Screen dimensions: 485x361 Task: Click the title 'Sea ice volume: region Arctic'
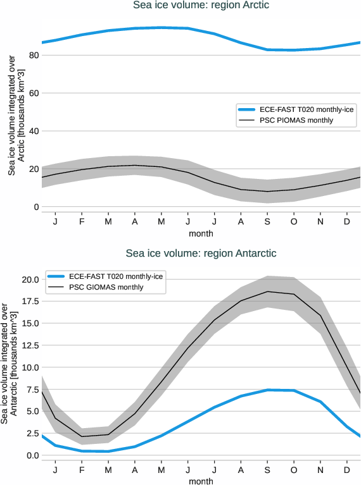coord(201,6)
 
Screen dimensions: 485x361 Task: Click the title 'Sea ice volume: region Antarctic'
coord(201,254)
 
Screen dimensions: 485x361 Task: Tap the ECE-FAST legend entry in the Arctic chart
coord(296,109)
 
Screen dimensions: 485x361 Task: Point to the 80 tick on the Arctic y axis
coord(34,56)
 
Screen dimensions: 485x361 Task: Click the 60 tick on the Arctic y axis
coord(34,94)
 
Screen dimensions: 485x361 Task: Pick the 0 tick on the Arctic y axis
coord(37,207)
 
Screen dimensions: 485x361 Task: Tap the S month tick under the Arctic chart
coord(267,223)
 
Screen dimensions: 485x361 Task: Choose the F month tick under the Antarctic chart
coord(82,471)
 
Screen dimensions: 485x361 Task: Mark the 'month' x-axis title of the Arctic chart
coord(201,234)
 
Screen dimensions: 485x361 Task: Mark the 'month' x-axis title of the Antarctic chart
coord(201,481)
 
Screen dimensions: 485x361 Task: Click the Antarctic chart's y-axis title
coord(8,367)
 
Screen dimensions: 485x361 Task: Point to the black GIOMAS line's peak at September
coord(267,292)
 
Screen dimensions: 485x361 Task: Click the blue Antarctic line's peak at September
coord(267,390)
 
